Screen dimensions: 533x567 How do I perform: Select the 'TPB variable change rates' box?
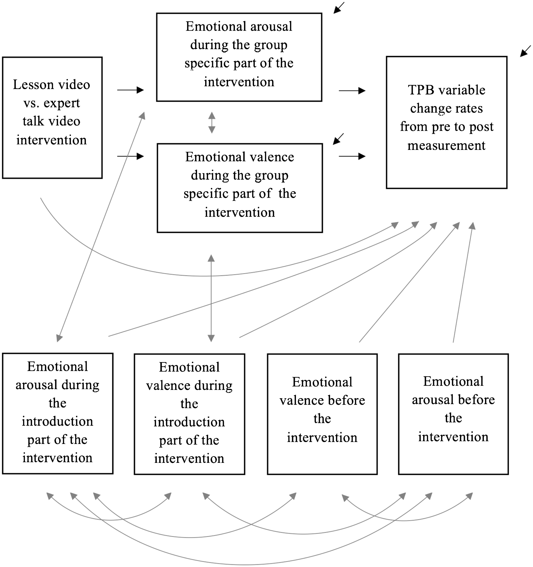(447, 122)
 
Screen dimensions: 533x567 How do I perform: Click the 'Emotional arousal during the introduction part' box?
(58, 414)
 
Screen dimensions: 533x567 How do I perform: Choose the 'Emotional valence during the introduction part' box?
(189, 414)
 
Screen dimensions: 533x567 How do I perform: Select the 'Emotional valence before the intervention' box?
(322, 414)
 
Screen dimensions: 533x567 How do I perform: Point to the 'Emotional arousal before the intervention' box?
(453, 414)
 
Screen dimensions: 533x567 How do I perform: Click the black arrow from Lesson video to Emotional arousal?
(131, 90)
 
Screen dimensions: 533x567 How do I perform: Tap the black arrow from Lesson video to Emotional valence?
(131, 156)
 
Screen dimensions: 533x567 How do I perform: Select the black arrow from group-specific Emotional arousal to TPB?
(352, 91)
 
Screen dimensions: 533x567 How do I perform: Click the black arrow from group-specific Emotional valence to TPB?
(352, 156)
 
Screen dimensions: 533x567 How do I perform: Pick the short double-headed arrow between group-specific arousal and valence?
(212, 123)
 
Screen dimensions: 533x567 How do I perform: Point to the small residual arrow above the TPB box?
(526, 51)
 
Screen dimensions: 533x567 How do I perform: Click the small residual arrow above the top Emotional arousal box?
(339, 8)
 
